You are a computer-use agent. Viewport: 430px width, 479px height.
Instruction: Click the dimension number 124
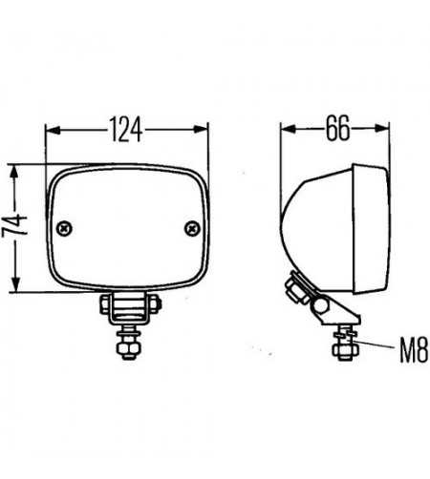point(126,129)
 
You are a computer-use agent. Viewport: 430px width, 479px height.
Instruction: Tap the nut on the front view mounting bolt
point(127,350)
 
